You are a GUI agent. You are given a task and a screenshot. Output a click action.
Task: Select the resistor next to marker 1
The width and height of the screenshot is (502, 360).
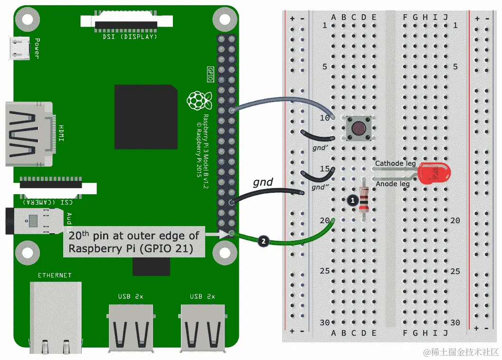coord(364,199)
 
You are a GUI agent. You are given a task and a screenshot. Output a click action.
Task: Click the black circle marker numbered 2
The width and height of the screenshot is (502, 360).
coord(264,241)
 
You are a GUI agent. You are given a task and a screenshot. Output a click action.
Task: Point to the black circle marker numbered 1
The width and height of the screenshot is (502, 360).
coord(352,200)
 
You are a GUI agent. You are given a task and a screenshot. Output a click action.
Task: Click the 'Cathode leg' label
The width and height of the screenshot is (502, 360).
coord(395,164)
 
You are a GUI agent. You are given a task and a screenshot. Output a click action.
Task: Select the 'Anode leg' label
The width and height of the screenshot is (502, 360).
coord(393,184)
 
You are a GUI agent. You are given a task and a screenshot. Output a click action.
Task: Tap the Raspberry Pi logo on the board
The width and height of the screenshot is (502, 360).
coord(199,100)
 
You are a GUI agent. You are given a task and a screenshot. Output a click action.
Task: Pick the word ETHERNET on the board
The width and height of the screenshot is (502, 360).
coord(55,275)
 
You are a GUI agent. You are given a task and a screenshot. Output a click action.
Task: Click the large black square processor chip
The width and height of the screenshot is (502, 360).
coord(146,117)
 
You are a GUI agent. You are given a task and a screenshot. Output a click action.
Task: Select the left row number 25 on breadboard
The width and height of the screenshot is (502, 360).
coord(324,271)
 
